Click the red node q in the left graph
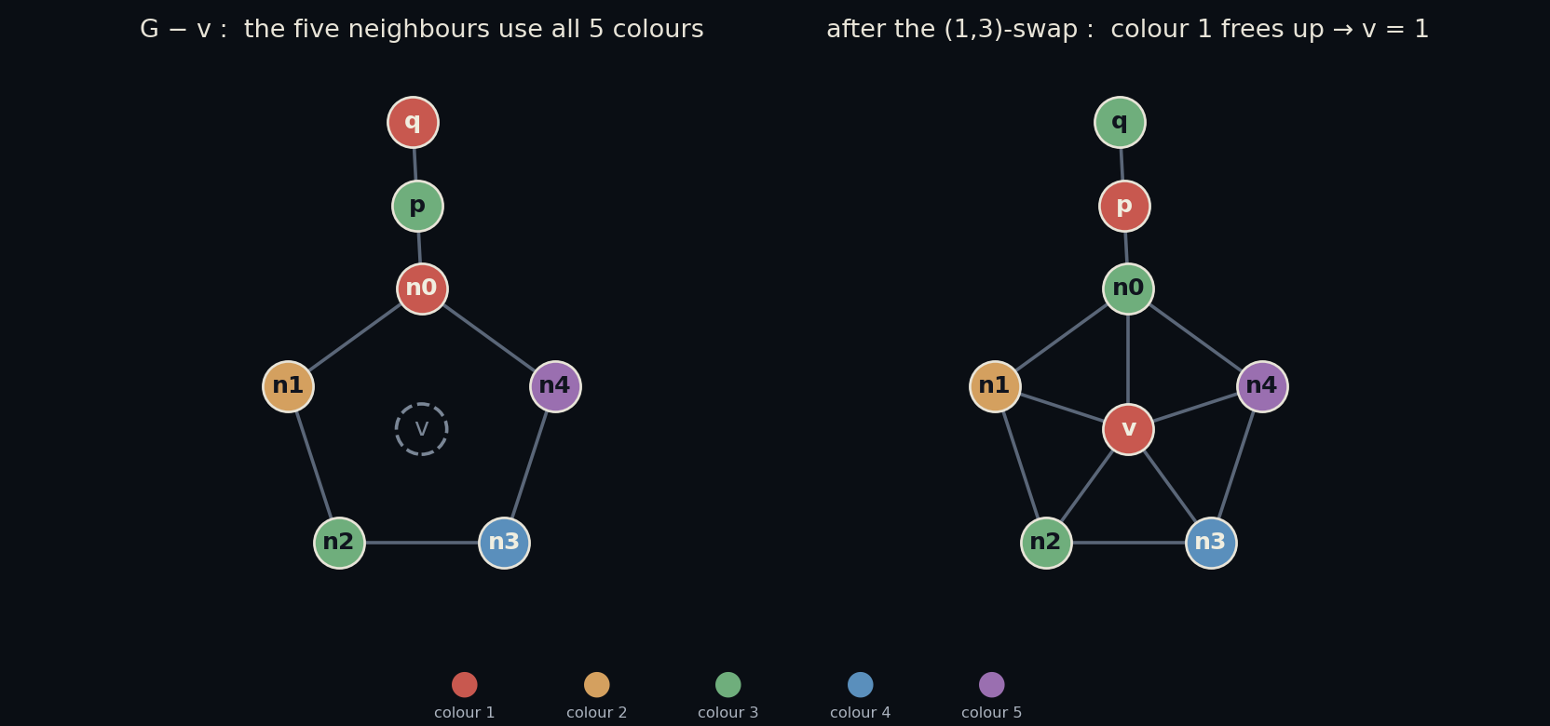pos(413,122)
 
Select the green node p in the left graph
pos(417,206)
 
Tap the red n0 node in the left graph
pos(422,289)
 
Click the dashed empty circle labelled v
pos(421,429)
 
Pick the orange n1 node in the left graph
pos(289,386)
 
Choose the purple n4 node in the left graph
pos(556,386)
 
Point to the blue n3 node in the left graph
pos(505,543)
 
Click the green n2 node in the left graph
pos(339,543)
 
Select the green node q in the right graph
pos(1121,122)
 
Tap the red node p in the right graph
pos(1124,206)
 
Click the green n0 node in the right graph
pos(1129,289)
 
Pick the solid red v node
pos(1129,429)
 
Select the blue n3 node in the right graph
pos(1211,543)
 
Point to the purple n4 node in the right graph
pos(1263,386)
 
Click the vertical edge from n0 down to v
pos(1129,359)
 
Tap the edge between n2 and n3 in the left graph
pos(422,543)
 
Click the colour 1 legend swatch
pos(464,684)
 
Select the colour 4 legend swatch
pos(860,684)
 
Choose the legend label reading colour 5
pos(992,713)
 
